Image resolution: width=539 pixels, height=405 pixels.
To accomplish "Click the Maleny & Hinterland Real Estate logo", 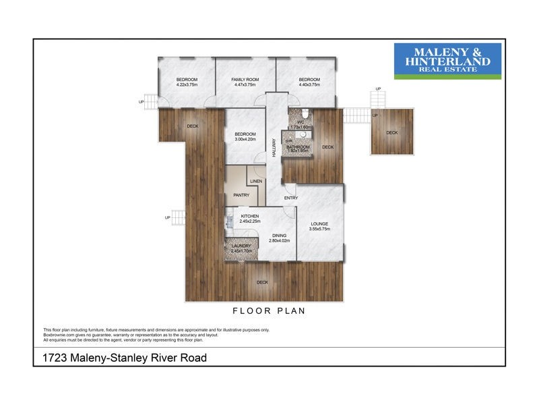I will pos(447,61).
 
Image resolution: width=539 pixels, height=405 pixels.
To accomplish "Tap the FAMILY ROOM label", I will pos(245,80).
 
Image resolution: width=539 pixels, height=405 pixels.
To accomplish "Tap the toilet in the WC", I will pos(305,113).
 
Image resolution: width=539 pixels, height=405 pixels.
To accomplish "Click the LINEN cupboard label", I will pos(255,182).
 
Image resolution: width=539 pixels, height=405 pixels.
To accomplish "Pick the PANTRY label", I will pos(241,196).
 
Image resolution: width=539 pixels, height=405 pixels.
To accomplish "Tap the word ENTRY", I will pos(290,198).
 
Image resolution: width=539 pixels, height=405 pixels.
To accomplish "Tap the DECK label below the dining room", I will pos(262,282).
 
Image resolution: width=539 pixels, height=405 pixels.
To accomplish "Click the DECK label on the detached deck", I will pos(392,133).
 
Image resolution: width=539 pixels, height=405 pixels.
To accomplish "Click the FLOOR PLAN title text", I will pos(269,311).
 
